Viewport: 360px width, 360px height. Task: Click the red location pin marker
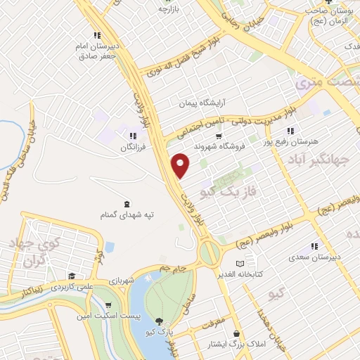point(181,165)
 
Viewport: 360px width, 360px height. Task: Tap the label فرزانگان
point(131,148)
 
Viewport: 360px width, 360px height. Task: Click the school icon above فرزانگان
point(131,136)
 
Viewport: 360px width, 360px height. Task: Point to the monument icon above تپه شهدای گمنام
point(126,203)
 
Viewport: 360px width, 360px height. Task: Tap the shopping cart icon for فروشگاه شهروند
point(219,136)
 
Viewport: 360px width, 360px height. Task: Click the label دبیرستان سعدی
point(314,257)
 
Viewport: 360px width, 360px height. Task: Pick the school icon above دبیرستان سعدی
point(314,246)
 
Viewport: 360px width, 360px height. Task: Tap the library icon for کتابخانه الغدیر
point(241,263)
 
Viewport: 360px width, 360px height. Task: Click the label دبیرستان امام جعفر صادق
point(97,50)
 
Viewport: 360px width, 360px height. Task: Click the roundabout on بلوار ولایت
point(210,251)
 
